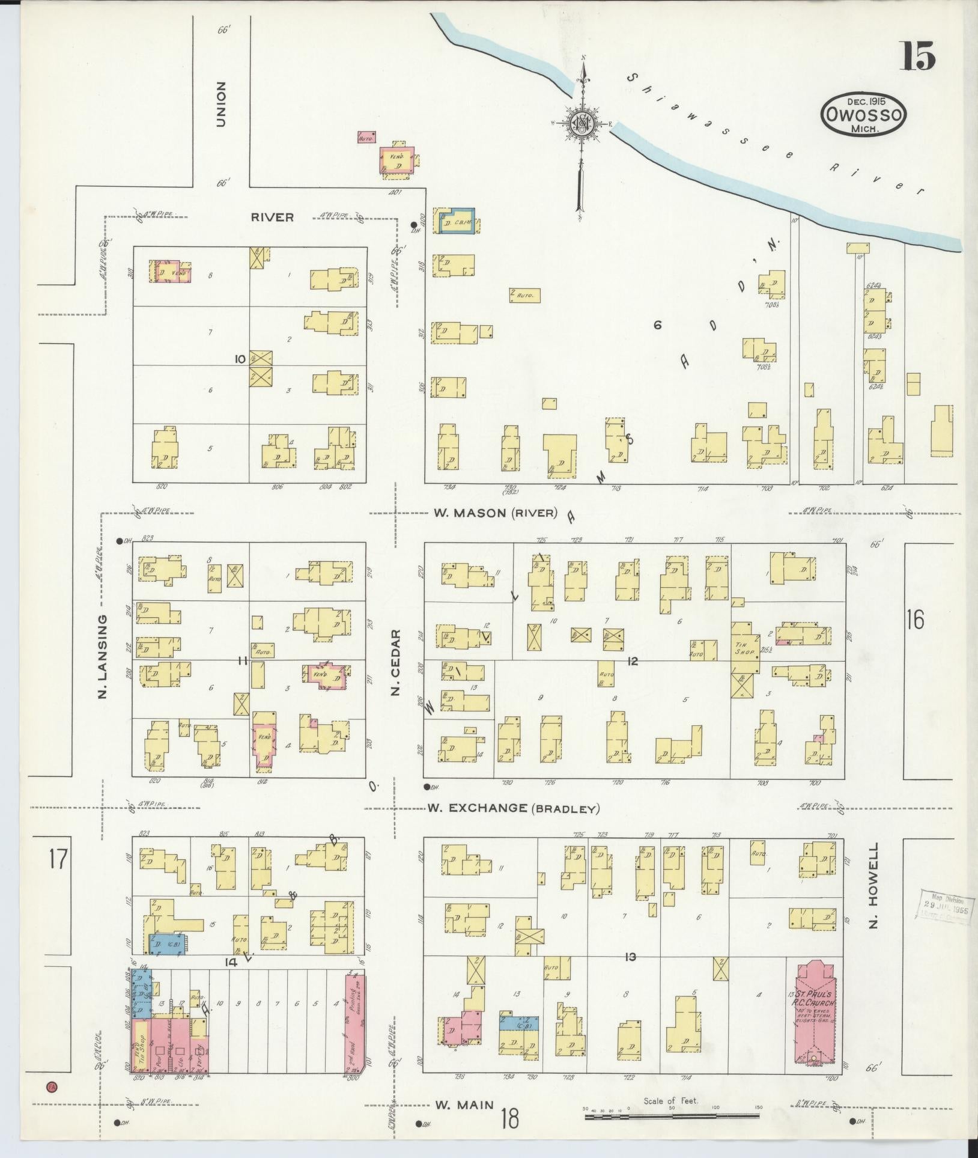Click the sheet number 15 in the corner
coord(917,57)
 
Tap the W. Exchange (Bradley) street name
coord(514,808)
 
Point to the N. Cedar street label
coord(395,662)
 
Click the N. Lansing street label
coord(102,656)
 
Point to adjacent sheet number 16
coord(915,620)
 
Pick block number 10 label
coord(240,359)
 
